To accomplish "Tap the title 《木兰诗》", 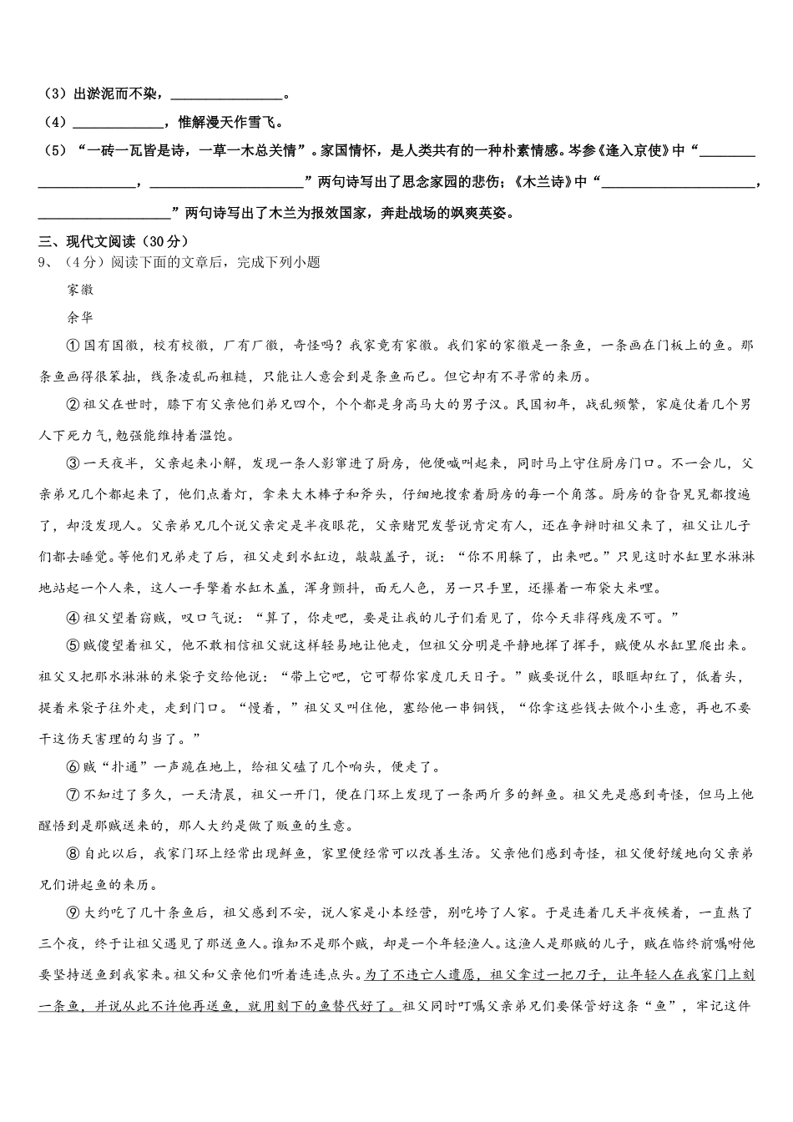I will [552, 182].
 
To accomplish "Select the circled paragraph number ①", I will [72, 346].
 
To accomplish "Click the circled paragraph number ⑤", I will [72, 646].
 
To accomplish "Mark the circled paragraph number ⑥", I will [72, 767].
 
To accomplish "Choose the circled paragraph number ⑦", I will [72, 794].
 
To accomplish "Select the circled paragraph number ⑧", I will [72, 853].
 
